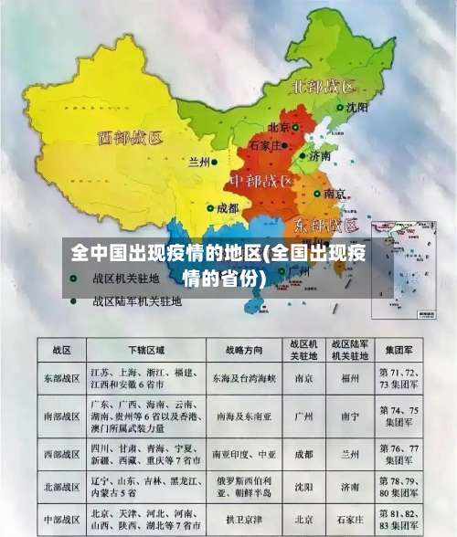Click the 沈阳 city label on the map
356,107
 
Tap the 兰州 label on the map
197,163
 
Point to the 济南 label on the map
319,156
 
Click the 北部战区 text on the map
324,87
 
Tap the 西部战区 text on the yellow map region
130,139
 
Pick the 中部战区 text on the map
260,180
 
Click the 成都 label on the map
227,208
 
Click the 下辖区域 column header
146,350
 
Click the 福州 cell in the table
349,377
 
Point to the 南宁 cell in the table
349,414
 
